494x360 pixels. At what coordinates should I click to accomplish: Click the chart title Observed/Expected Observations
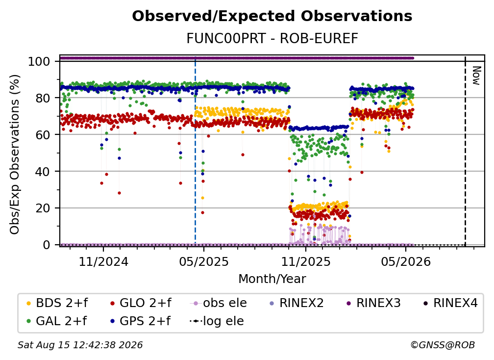(272, 16)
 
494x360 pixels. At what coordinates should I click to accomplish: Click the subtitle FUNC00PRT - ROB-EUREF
(272, 39)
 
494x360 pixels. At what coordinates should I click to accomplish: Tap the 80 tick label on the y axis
(43, 98)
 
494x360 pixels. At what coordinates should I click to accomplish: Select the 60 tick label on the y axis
(43, 135)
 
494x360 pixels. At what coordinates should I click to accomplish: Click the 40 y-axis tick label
(43, 172)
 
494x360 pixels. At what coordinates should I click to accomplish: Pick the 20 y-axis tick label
(43, 208)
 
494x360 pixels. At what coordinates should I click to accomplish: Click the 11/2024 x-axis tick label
(103, 261)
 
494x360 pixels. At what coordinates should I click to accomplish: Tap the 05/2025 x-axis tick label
(204, 261)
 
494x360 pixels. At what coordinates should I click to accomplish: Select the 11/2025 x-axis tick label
(306, 261)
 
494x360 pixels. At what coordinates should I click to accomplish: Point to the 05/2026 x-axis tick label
(406, 261)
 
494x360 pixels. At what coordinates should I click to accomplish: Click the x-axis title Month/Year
(272, 279)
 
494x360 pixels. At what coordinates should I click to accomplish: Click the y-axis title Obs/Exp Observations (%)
(15, 154)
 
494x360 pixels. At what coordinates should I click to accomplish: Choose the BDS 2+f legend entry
(57, 303)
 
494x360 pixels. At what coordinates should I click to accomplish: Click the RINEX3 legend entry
(373, 303)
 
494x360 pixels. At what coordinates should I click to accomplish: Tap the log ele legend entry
(217, 321)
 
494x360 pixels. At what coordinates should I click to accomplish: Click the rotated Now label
(476, 76)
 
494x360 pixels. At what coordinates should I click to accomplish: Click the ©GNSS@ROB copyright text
(443, 345)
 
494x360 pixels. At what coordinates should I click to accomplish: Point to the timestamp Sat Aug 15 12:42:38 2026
(80, 345)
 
